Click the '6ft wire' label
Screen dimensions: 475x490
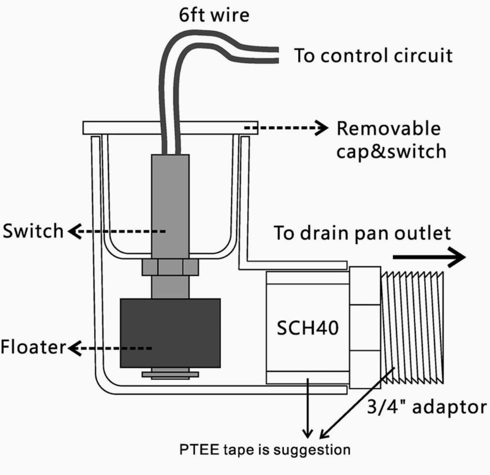point(213,14)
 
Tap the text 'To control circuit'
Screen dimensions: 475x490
point(373,56)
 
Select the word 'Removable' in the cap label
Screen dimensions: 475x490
point(388,129)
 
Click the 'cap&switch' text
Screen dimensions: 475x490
point(391,151)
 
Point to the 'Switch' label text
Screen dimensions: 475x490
point(33,231)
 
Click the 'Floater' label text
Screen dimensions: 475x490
point(33,347)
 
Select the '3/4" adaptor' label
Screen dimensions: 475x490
point(426,407)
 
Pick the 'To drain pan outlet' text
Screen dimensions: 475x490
point(362,233)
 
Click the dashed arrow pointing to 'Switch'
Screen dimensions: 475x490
point(118,231)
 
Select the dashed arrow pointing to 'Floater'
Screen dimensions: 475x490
point(110,348)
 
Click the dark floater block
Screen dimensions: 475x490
point(170,332)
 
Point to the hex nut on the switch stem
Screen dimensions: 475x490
point(170,267)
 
